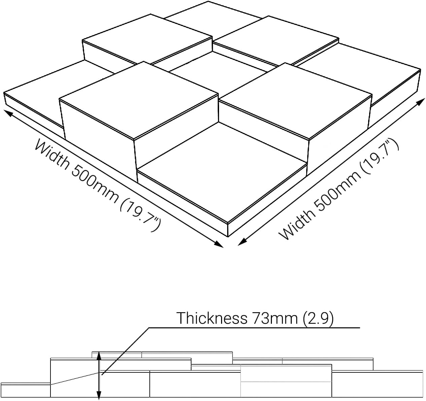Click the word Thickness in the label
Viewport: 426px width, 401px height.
[x=212, y=318]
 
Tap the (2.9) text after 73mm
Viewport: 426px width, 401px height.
[x=318, y=318]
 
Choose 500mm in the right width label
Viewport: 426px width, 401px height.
[x=338, y=191]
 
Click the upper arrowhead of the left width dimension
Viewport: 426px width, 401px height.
[x=8, y=113]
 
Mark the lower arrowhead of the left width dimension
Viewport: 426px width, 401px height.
[x=219, y=244]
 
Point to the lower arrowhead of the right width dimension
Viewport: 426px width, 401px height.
[x=242, y=242]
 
